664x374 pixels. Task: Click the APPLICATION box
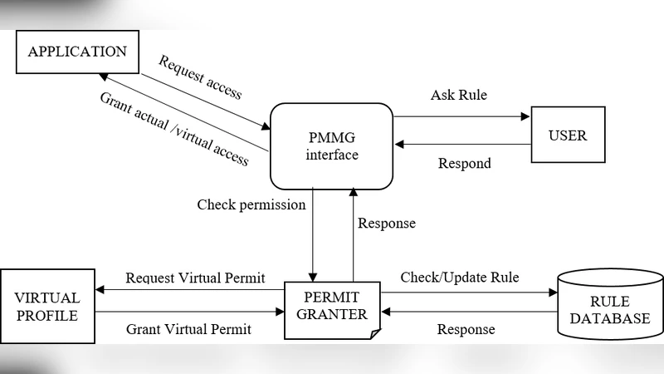click(x=77, y=52)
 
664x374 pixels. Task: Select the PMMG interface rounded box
click(x=331, y=145)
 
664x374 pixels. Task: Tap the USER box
click(x=568, y=135)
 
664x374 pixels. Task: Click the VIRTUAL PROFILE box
click(x=47, y=307)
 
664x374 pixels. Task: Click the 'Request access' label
click(x=200, y=77)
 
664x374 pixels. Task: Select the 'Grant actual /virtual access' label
click(x=174, y=129)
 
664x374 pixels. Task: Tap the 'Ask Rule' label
click(x=458, y=95)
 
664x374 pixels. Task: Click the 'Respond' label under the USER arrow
click(x=464, y=163)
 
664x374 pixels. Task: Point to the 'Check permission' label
click(x=251, y=204)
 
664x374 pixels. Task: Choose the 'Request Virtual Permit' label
click(x=195, y=278)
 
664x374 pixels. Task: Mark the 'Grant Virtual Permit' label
click(x=188, y=329)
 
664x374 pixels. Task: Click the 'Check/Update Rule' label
click(x=460, y=277)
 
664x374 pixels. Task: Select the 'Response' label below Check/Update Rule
click(x=466, y=329)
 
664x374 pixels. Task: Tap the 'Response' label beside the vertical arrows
click(x=386, y=223)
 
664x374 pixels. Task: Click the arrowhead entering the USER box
click(x=525, y=117)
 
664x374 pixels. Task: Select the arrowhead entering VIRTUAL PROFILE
click(x=100, y=290)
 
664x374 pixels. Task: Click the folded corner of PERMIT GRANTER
click(x=374, y=333)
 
